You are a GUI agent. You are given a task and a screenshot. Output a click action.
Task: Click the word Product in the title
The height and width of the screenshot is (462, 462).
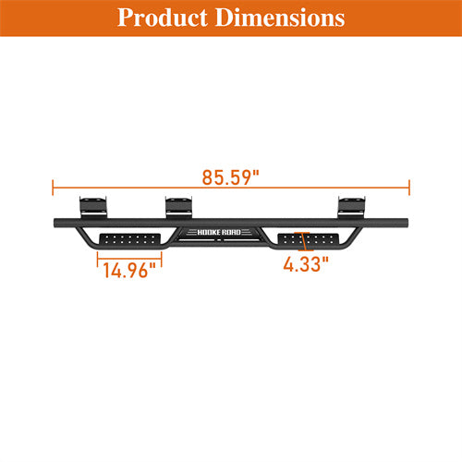(x=158, y=18)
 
